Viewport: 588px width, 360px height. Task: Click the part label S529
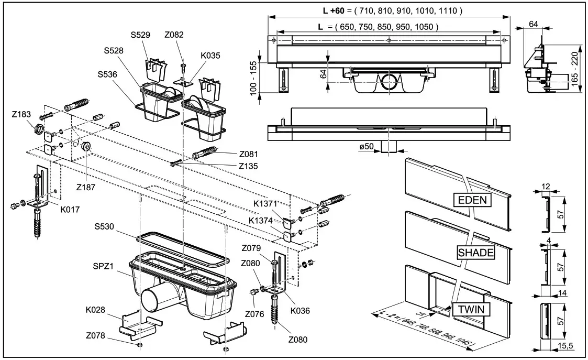point(141,36)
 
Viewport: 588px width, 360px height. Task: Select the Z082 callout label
point(174,36)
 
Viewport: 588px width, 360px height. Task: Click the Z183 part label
point(22,114)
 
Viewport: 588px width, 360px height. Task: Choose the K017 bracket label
point(70,209)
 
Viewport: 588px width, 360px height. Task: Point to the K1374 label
point(260,221)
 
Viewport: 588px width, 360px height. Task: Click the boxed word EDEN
point(472,200)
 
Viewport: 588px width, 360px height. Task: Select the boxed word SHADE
point(475,253)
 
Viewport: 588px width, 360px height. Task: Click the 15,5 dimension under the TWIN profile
point(565,345)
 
